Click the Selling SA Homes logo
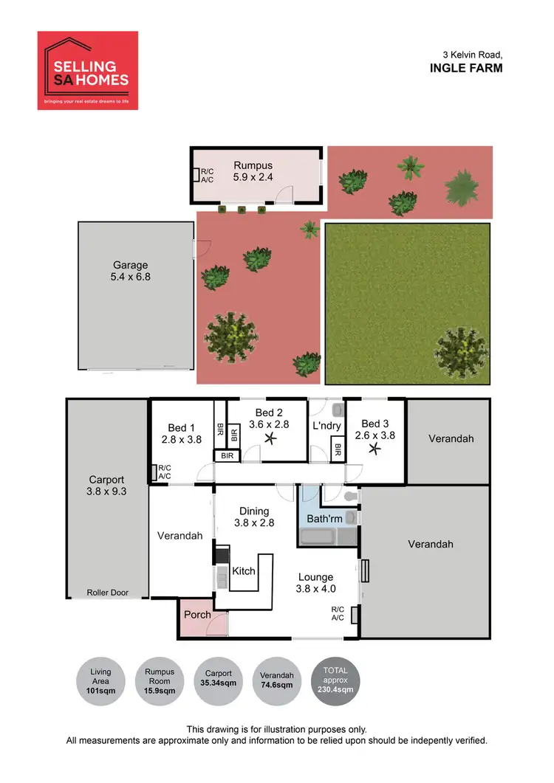click(88, 70)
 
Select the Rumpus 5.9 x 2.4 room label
click(253, 171)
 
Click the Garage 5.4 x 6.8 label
click(130, 271)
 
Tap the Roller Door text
click(107, 592)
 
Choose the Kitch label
click(244, 570)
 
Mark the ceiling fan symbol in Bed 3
click(375, 447)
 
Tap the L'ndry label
click(325, 427)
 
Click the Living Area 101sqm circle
click(101, 681)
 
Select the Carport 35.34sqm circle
click(219, 681)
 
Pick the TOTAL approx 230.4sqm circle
click(337, 681)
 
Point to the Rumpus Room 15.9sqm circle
click(160, 681)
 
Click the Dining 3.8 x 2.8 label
click(253, 517)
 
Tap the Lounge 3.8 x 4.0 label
click(316, 583)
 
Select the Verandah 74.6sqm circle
click(278, 681)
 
